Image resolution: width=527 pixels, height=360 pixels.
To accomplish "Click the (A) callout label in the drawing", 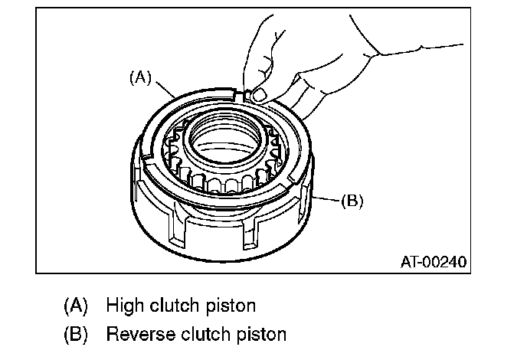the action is [140, 77].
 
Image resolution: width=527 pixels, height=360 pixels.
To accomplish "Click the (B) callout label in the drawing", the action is [352, 201].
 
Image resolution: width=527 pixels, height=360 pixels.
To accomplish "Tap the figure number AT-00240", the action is [434, 262].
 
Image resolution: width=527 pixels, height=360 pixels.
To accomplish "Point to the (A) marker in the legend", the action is [76, 306].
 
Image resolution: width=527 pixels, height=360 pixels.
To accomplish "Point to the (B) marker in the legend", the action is [76, 335].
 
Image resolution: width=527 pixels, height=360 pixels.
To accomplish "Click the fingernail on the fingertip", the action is [259, 94].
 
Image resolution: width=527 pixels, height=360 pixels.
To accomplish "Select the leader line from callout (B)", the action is [326, 199].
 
